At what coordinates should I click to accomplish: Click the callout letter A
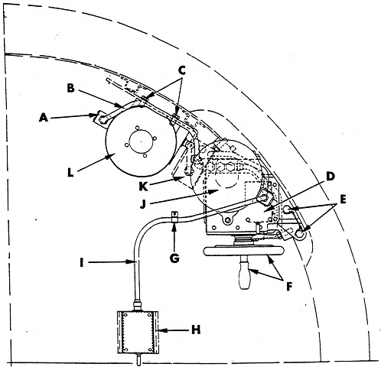point(44,118)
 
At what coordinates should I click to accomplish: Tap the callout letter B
point(70,88)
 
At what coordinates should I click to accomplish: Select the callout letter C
point(181,70)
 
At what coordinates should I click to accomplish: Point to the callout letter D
point(330,177)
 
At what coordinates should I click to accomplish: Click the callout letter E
point(343,200)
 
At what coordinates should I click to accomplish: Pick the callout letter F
point(288,287)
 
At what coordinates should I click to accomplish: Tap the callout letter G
point(174,258)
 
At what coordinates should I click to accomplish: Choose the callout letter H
point(196,330)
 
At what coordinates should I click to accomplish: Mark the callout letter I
point(82,262)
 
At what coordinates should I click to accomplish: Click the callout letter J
point(143,204)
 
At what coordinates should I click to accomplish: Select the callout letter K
point(143,187)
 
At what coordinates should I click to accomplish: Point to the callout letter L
point(70,173)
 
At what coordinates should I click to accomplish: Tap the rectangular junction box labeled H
point(138,332)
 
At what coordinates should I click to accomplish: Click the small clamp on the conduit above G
point(174,216)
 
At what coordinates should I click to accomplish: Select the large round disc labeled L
point(141,141)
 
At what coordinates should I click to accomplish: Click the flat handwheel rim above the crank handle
point(243,250)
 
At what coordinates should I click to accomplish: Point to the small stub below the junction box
point(138,359)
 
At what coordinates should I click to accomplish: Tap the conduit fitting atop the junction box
point(138,305)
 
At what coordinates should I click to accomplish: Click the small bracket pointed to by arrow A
point(101,119)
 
